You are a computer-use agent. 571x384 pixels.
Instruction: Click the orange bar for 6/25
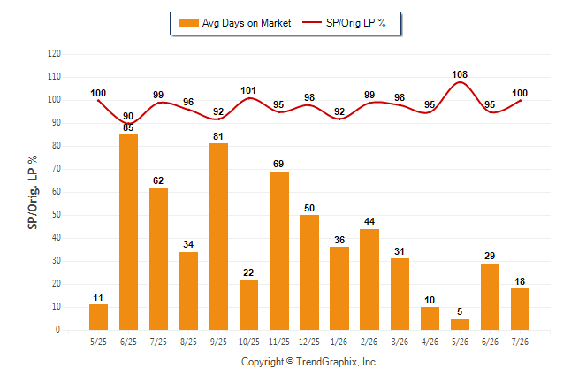coord(128,233)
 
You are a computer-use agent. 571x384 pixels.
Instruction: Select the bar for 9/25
coord(218,236)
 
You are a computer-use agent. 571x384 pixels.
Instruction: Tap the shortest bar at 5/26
coord(460,324)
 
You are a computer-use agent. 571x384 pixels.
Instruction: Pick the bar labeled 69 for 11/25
coord(279,251)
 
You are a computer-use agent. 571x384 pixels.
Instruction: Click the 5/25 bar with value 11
coord(98,318)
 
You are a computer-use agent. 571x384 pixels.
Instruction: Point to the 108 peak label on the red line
coord(460,74)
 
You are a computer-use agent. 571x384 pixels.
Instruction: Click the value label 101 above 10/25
coord(248,90)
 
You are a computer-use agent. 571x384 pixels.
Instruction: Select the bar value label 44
coord(369,221)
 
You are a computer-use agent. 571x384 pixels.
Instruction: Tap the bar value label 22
coord(248,273)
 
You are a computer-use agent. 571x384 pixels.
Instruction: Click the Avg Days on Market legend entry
coord(234,23)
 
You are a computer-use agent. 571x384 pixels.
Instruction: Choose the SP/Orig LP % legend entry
coord(344,23)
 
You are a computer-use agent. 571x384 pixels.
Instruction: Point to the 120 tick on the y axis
coord(54,54)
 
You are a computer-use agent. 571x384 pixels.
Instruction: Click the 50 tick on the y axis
coord(57,215)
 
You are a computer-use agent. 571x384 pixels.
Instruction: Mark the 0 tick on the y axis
coord(58,330)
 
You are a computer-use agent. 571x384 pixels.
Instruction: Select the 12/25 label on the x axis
coord(309,342)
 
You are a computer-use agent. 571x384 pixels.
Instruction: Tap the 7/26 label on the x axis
coord(520,342)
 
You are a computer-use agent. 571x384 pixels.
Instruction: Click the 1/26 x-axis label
coord(339,342)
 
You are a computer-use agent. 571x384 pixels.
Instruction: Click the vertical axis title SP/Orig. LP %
coord(33,192)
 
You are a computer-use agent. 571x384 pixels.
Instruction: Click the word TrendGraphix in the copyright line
coord(327,362)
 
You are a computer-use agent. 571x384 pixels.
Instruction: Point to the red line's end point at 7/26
coord(520,100)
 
